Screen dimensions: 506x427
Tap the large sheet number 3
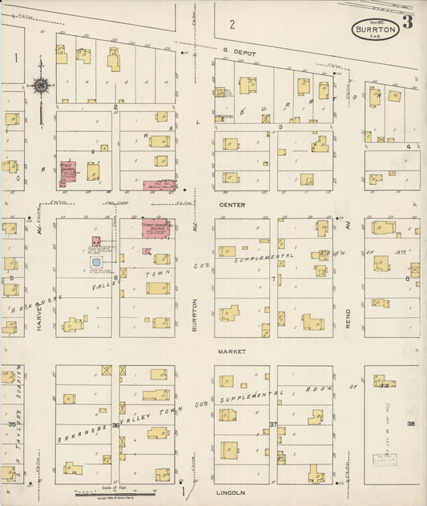pos(408,22)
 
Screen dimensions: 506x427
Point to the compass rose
pos(40,85)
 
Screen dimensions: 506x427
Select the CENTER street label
pos(232,205)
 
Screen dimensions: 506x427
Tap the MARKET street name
pos(232,351)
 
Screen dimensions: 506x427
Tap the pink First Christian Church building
pos(154,227)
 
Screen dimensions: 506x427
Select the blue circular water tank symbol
pos(95,262)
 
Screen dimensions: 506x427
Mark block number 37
pos(273,424)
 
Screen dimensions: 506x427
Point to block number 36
pos(115,424)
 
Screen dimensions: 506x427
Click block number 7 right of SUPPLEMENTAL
pos(273,279)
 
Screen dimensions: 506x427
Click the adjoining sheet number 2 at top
pos(231,24)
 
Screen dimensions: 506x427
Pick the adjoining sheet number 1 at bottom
pos(183,488)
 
